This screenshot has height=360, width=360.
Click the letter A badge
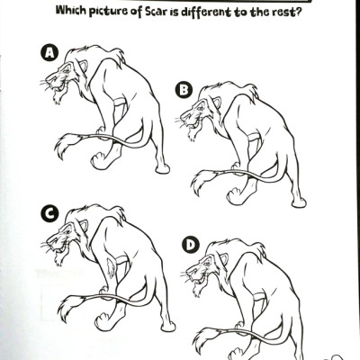click(x=49, y=53)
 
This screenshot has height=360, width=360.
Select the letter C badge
click(x=49, y=213)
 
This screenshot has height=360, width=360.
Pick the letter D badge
click(x=190, y=246)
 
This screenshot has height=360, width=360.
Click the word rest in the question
click(x=286, y=13)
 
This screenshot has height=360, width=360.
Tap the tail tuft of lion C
click(x=69, y=307)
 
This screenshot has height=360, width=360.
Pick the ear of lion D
click(x=224, y=258)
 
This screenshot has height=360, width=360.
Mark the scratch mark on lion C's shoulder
click(x=111, y=265)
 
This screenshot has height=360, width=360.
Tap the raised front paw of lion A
click(x=97, y=161)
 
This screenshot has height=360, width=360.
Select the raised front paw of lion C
click(x=102, y=321)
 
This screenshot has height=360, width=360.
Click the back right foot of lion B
click(x=299, y=202)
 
